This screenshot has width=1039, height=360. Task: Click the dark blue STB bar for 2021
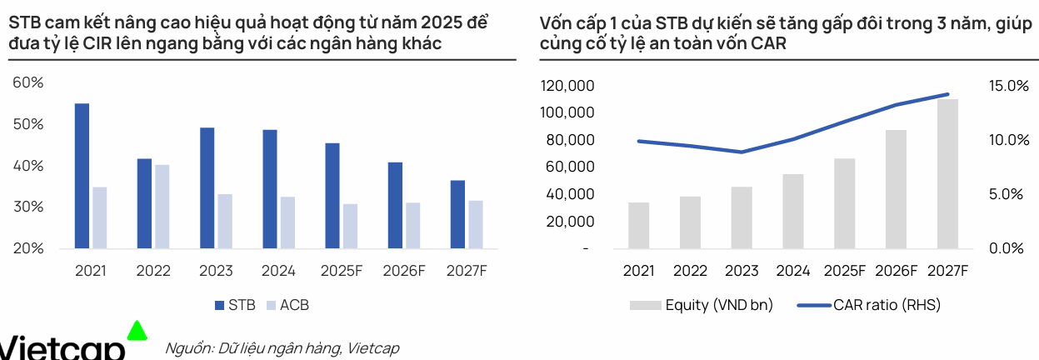pos(82,176)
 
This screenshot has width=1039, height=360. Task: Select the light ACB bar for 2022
pos(162,207)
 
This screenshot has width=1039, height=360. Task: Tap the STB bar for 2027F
pos(457,214)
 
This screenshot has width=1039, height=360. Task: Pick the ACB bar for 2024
pos(287,222)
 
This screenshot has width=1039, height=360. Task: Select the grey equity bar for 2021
pos(638,225)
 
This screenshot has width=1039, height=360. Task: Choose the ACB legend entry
pos(286,305)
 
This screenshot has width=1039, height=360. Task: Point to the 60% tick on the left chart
pos(27,82)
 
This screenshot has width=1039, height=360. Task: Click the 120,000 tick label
pos(567,86)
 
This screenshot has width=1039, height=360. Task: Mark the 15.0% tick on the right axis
pos(1009,86)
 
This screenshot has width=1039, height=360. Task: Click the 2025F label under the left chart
pos(340,271)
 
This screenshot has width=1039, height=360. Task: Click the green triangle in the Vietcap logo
pos(137,330)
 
